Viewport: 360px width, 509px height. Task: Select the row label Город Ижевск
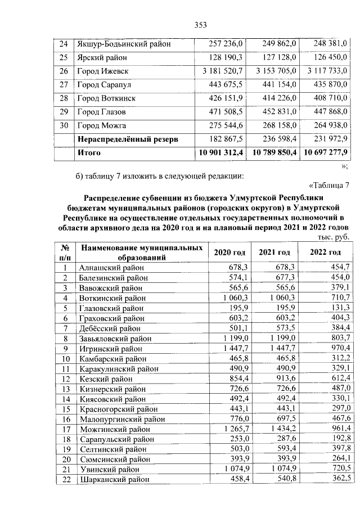pyautogui.click(x=102, y=71)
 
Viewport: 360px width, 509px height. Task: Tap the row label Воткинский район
pyautogui.click(x=112, y=298)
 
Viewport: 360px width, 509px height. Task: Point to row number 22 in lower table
pyautogui.click(x=65, y=480)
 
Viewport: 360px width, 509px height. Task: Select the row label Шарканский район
pyautogui.click(x=114, y=480)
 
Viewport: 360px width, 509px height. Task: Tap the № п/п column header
pyautogui.click(x=65, y=253)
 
